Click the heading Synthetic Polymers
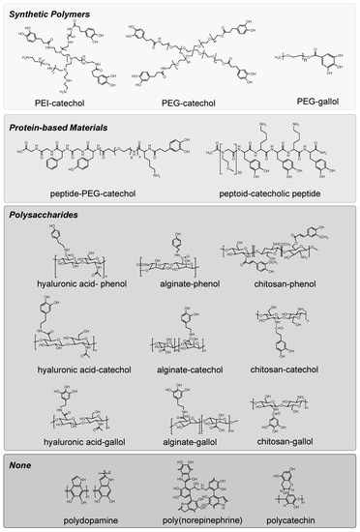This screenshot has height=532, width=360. [x=53, y=13]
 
